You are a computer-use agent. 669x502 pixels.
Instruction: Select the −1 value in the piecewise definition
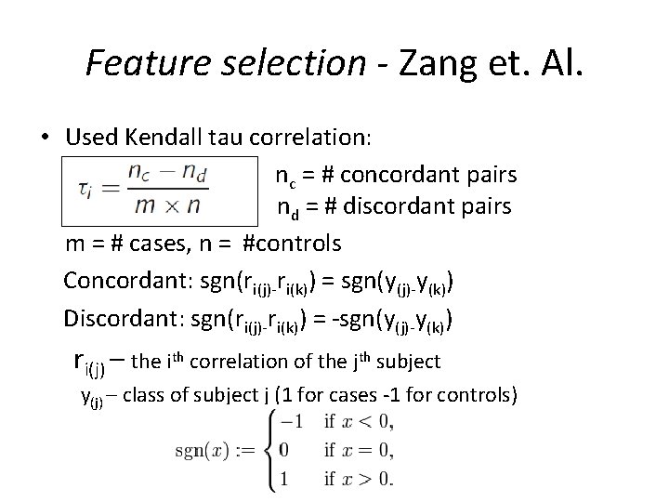coord(292,421)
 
